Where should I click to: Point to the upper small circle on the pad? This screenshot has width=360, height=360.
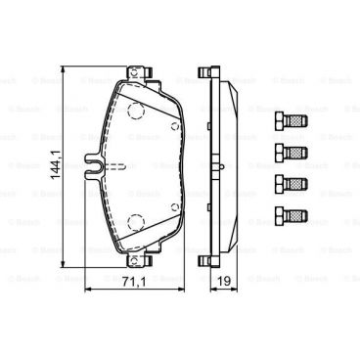point(173,125)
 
